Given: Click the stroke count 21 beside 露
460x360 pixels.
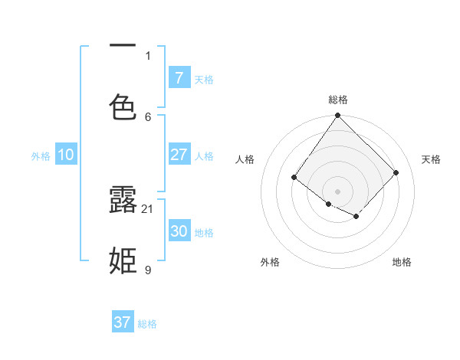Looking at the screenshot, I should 148,208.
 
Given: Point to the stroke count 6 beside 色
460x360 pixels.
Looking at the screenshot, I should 148,116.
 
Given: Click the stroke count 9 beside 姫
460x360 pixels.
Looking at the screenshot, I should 148,270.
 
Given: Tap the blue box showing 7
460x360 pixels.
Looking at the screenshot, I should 179,77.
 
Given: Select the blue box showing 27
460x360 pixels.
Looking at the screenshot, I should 179,155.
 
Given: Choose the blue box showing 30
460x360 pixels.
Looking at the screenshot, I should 179,231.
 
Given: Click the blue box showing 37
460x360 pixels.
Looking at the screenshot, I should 123,322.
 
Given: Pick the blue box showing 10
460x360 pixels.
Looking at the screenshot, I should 66,155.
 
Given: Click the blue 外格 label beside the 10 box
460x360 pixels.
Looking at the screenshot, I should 41,156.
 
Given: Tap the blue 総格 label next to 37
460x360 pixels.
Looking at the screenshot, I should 147,324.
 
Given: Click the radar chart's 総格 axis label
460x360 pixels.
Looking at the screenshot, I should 338,100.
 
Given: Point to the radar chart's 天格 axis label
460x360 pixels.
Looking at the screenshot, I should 431,159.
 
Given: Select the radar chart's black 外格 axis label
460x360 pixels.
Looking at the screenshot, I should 270,262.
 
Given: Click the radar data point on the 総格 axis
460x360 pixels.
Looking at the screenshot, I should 338,116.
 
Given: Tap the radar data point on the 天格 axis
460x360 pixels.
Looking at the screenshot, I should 396,172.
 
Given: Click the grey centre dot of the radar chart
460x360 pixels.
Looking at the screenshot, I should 338,191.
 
